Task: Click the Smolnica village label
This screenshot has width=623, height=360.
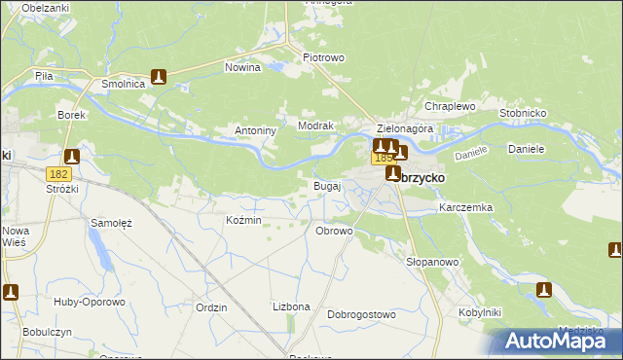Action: tap(124, 85)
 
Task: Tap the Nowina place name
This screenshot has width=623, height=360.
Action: tap(242, 68)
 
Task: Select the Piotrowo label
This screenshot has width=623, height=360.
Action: tap(323, 57)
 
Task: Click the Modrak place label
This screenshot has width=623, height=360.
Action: tap(316, 126)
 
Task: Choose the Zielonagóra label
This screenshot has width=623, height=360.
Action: tap(403, 128)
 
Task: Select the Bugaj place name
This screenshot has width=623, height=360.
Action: tap(326, 185)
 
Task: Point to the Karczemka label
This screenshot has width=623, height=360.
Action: tap(466, 208)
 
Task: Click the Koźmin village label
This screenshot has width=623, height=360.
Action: tap(243, 221)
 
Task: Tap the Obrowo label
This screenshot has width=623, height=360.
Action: tap(334, 231)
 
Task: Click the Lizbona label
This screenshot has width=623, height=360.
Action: tap(291, 306)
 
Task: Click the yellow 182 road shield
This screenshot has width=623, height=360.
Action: tap(56, 172)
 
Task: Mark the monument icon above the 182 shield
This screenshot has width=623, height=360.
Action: tap(71, 155)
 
